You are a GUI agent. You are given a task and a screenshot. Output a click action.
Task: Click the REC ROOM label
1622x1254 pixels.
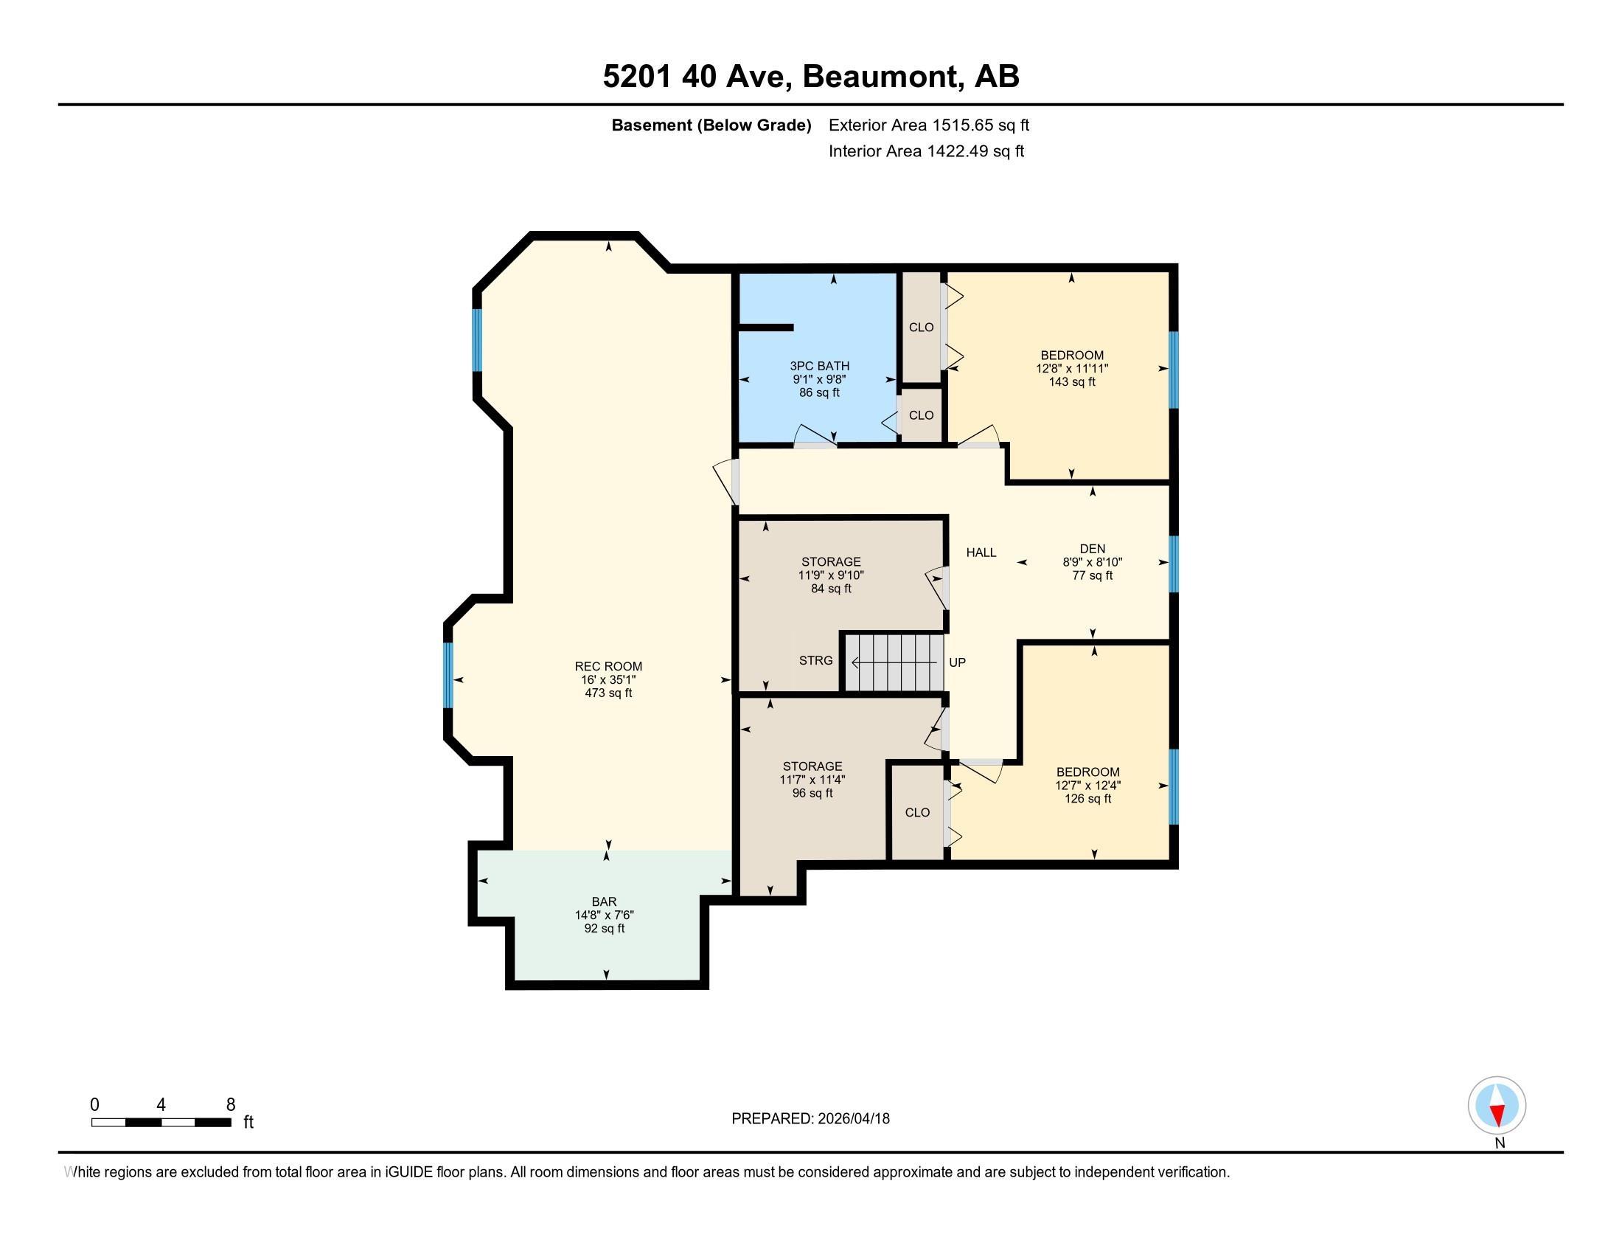coord(608,666)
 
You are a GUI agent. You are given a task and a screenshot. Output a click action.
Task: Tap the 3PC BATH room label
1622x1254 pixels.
coord(819,365)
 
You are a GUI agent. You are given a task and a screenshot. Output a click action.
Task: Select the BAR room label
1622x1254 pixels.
coord(604,902)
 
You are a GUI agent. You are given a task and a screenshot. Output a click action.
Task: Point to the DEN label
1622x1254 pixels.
coord(1092,548)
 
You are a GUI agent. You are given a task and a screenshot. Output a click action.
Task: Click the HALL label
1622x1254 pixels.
coord(981,552)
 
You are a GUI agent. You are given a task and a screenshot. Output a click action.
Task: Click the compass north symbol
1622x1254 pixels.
coord(1497,1106)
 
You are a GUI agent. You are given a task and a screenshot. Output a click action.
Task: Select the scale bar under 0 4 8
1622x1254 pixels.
coord(161,1123)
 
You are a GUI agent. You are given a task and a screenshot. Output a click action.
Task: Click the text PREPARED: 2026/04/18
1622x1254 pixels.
coord(810,1119)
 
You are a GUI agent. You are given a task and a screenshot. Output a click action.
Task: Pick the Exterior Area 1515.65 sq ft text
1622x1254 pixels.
coord(928,125)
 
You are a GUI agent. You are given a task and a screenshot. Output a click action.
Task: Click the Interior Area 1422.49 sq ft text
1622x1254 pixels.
coord(926,150)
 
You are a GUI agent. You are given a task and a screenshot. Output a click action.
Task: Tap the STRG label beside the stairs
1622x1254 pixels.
coord(815,660)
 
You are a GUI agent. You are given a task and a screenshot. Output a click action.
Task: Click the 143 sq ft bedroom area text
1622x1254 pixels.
coord(1072,382)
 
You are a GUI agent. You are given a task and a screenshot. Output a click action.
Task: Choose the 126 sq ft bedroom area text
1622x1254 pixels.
coord(1088,799)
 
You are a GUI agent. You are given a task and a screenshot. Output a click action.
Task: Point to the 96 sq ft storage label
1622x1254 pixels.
coord(812,793)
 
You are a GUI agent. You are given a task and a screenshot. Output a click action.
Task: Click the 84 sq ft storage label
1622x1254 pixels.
coord(830,589)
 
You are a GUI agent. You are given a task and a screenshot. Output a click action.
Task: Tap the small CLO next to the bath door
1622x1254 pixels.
coord(921,415)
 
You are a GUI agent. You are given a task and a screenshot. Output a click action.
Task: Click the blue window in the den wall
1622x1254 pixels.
coord(1174,564)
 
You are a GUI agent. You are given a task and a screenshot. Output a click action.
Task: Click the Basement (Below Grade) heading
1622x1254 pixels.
coord(711,125)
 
